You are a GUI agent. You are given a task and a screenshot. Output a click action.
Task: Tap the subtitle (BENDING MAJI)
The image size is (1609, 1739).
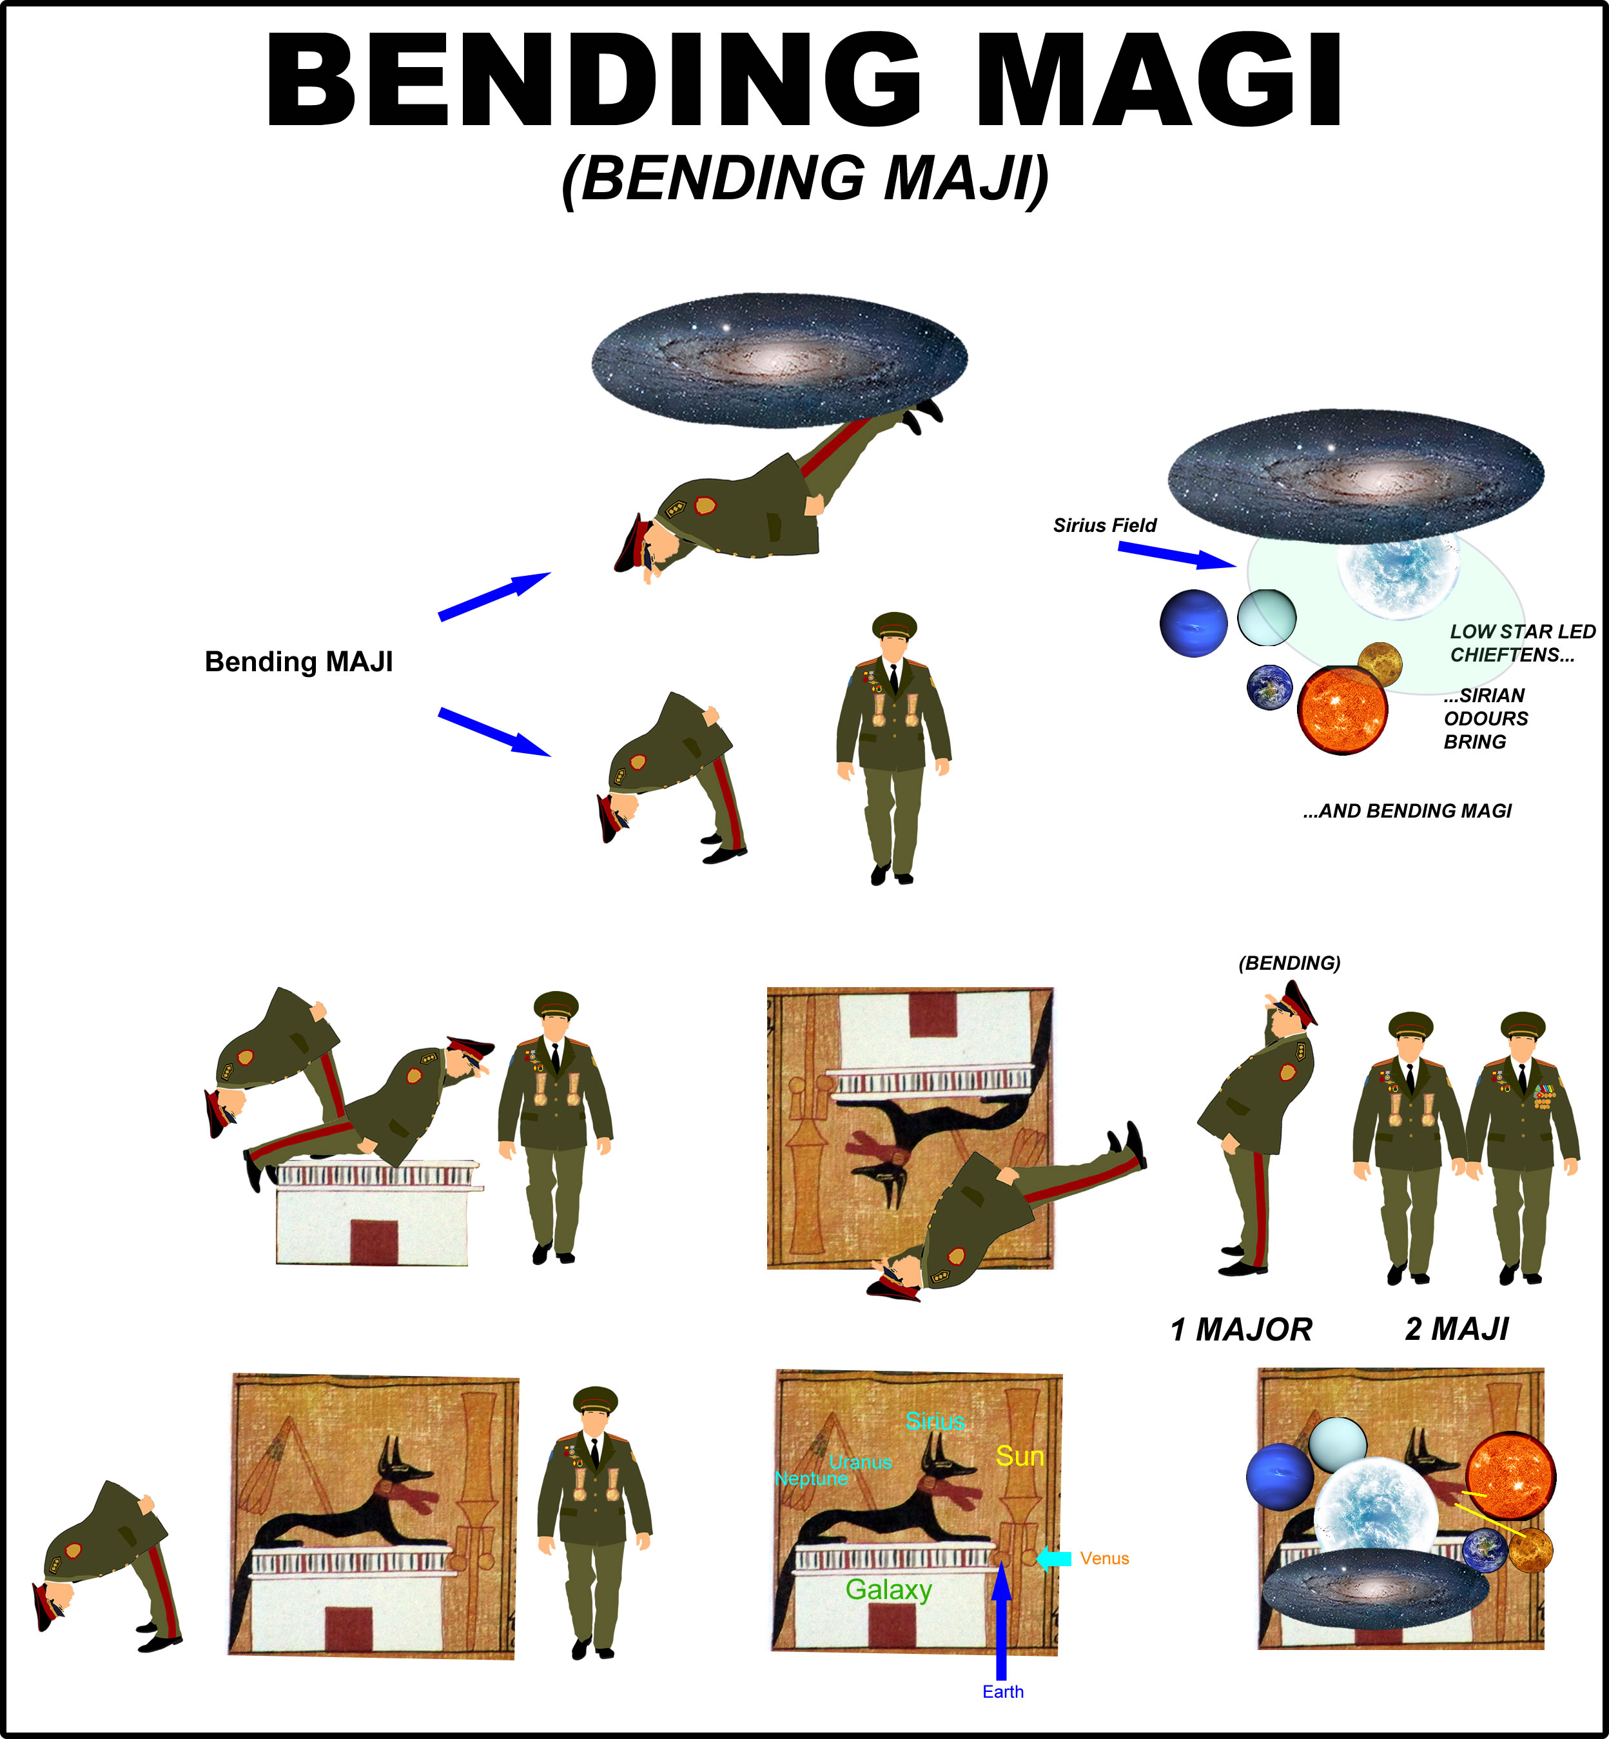[x=805, y=179]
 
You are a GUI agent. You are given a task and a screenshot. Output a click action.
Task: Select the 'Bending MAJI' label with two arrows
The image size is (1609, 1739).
[x=298, y=662]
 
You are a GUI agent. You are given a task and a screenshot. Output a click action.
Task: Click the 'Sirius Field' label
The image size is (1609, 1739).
[x=1105, y=525]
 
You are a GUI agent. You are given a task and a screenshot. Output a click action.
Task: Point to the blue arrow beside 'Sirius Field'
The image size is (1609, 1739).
[x=1177, y=555]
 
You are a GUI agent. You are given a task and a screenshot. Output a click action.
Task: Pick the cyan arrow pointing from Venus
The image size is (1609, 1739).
[x=1053, y=1558]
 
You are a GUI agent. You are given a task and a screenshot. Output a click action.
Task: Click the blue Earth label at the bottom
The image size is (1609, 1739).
[x=1003, y=1692]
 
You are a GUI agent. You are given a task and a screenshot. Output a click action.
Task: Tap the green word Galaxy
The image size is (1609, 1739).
[x=889, y=1590]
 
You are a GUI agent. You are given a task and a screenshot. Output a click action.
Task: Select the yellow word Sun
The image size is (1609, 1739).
[x=1020, y=1456]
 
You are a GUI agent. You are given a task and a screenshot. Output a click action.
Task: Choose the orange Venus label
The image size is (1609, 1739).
[x=1105, y=1558]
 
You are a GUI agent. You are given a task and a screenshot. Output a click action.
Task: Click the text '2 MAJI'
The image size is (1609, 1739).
[x=1458, y=1329]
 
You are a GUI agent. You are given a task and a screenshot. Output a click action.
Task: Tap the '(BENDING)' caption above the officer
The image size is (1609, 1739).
[x=1289, y=963]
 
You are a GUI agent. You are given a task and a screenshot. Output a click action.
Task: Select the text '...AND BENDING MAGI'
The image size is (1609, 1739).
[x=1407, y=811]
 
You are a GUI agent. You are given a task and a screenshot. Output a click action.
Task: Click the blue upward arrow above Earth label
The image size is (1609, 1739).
[x=1001, y=1620]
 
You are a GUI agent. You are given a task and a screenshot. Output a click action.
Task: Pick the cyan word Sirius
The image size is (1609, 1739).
[x=935, y=1421]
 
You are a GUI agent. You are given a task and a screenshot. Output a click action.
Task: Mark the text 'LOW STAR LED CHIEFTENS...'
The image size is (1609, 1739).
[x=1523, y=644]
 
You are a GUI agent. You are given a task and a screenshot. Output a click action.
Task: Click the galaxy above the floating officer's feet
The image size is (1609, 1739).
[x=779, y=360]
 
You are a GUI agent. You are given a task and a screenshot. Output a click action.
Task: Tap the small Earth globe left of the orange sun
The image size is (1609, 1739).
[x=1269, y=687]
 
